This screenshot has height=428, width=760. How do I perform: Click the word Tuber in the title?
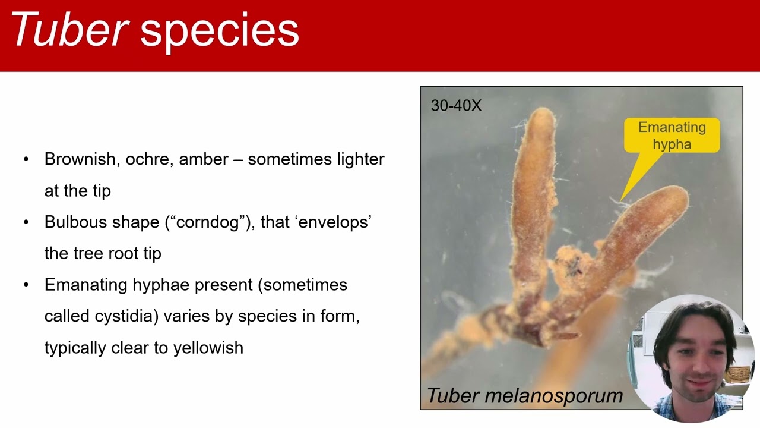pos(69,30)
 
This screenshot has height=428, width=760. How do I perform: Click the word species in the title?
pos(219,31)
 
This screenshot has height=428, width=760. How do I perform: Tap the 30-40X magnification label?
pos(456,106)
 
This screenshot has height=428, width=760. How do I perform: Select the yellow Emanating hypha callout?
pos(672,136)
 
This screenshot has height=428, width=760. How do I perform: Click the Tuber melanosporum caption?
pos(525,395)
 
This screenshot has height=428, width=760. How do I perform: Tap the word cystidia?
pos(125,316)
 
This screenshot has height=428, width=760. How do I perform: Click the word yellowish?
pos(208,348)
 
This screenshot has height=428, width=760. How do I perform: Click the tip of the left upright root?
pos(542,113)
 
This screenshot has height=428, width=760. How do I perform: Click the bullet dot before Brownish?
pos(26,159)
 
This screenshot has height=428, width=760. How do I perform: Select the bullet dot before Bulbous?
pos(26,222)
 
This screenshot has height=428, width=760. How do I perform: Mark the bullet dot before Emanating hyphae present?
pos(26,285)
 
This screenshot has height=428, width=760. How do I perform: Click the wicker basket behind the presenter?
pos(738,373)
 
